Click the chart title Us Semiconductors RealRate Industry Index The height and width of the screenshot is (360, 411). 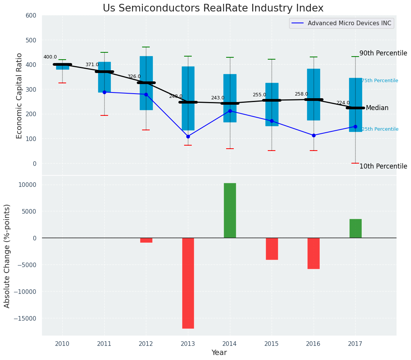[x=213, y=8]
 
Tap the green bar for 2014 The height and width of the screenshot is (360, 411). [x=230, y=210]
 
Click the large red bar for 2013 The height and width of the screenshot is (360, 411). [x=188, y=283]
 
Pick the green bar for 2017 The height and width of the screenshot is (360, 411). [x=355, y=228]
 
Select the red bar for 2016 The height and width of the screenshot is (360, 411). [x=314, y=253]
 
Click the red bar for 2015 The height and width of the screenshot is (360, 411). [x=272, y=248]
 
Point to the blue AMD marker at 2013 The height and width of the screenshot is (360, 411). [x=188, y=136]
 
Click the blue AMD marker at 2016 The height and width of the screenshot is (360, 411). [x=314, y=135]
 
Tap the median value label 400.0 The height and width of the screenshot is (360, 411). [x=50, y=57]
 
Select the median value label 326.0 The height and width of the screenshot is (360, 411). [x=134, y=77]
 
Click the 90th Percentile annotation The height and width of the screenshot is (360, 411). [x=383, y=54]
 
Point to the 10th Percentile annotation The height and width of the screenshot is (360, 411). [x=383, y=167]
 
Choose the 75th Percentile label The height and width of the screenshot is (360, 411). [x=380, y=81]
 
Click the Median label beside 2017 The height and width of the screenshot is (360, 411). [x=377, y=108]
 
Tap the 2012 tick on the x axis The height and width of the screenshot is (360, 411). [x=146, y=344]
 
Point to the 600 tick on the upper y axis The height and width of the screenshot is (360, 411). [x=31, y=16]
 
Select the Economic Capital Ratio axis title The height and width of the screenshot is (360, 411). [x=19, y=96]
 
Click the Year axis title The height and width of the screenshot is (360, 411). [x=219, y=353]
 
